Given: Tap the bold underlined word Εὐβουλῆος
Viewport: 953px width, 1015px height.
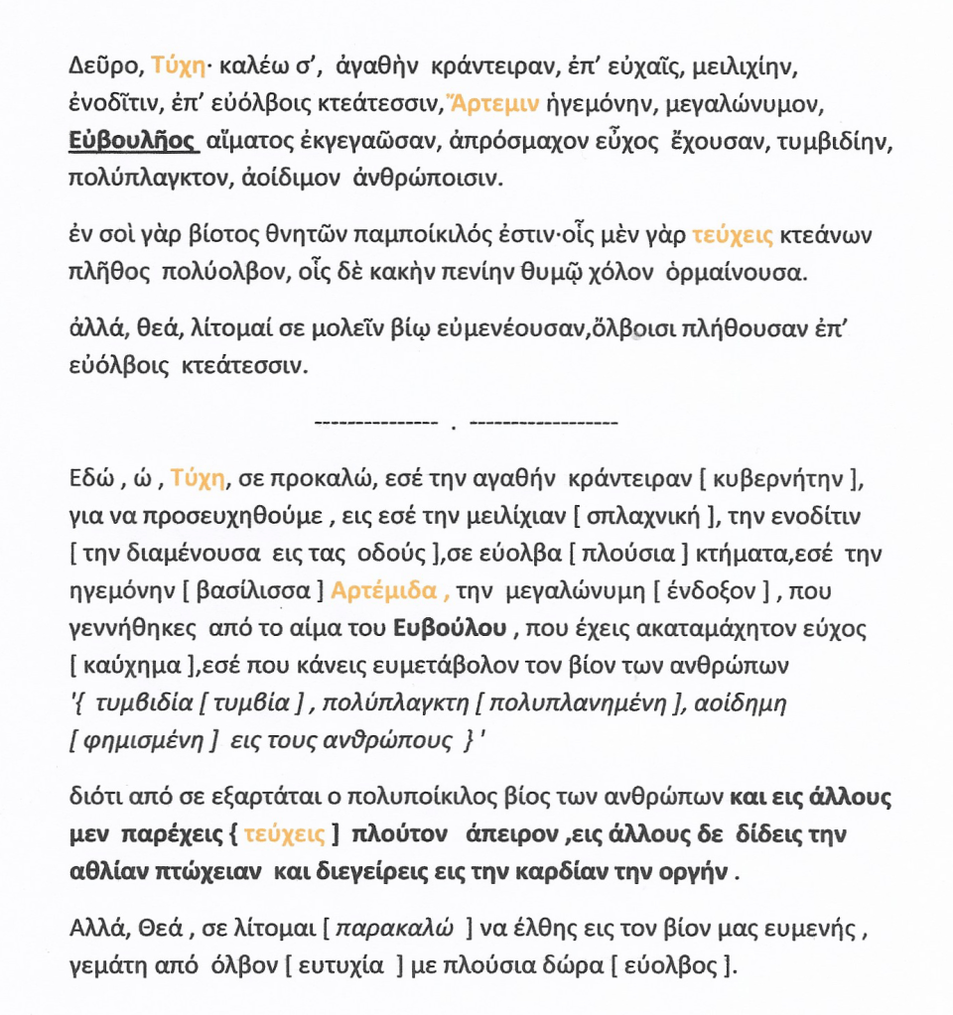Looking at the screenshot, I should tap(134, 141).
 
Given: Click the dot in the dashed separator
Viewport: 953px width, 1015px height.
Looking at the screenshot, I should tap(453, 428).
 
